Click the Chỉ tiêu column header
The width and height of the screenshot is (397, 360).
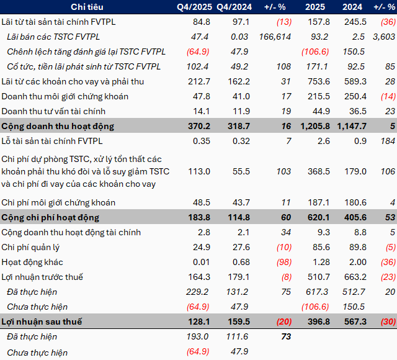[x=87, y=7]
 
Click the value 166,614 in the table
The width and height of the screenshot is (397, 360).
[x=268, y=37]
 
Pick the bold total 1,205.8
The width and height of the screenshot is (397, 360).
[x=316, y=126]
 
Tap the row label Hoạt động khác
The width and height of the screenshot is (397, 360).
[x=32, y=262]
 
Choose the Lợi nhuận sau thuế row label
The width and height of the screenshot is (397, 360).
[x=42, y=322]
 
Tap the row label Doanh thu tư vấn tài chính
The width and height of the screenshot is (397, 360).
[x=53, y=111]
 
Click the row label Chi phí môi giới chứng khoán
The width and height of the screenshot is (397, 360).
[x=58, y=202]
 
